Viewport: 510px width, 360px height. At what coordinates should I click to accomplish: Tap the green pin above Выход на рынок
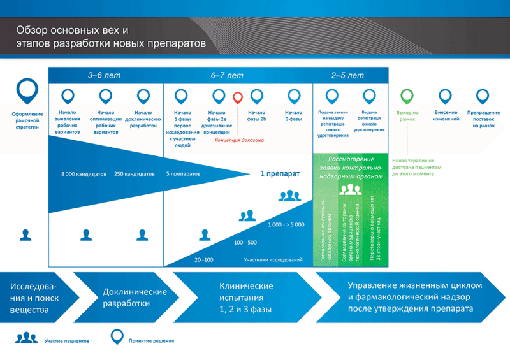407,96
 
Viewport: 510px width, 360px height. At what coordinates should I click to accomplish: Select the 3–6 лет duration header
104,75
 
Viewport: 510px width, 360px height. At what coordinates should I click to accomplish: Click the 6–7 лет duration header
227,75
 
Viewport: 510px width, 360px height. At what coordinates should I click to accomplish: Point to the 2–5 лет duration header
347,75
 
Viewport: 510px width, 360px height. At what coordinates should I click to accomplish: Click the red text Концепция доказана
239,140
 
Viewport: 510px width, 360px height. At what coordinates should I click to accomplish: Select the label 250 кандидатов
135,173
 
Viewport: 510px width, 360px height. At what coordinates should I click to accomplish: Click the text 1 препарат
279,173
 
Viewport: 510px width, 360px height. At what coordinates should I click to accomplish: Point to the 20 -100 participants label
204,260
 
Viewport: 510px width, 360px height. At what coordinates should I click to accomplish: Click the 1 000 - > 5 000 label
286,224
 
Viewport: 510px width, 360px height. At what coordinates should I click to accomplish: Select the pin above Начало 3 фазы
294,96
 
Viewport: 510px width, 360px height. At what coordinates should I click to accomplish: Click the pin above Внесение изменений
446,96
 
